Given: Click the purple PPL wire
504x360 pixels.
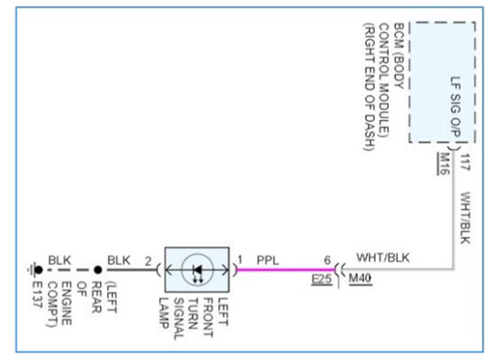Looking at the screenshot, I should [x=282, y=270].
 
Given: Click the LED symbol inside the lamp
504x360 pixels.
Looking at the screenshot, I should [x=196, y=270].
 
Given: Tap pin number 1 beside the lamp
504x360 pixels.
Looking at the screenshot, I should [x=239, y=259].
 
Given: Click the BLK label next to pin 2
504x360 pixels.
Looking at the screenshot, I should [x=118, y=259].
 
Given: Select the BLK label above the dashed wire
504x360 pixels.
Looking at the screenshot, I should [x=59, y=259].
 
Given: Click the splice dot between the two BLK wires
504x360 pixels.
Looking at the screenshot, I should [x=97, y=270].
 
